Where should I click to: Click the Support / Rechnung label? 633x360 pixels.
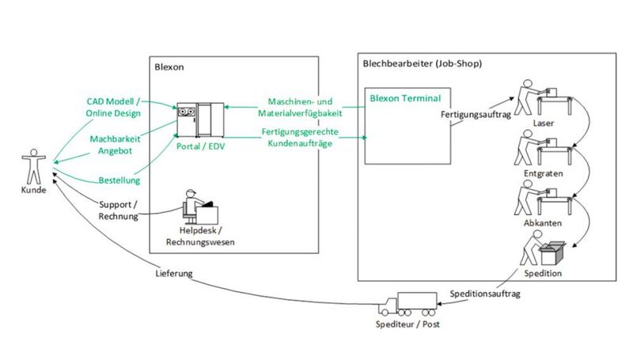(118, 210)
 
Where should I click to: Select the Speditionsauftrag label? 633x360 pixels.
(483, 293)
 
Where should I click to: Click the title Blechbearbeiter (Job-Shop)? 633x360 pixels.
(422, 63)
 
